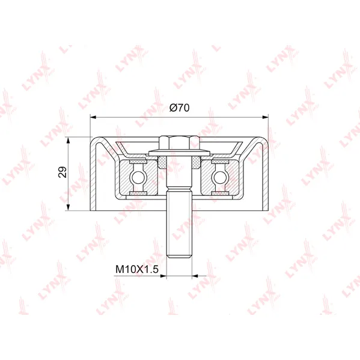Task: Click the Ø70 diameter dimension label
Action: (x=179, y=108)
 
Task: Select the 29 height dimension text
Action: (x=63, y=172)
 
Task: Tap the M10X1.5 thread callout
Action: (x=137, y=269)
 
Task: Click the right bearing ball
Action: (x=220, y=177)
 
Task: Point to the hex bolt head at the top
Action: (x=179, y=143)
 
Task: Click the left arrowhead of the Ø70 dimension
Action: (x=93, y=117)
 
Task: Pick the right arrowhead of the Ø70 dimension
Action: (x=265, y=117)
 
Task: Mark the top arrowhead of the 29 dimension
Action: (x=68, y=140)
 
